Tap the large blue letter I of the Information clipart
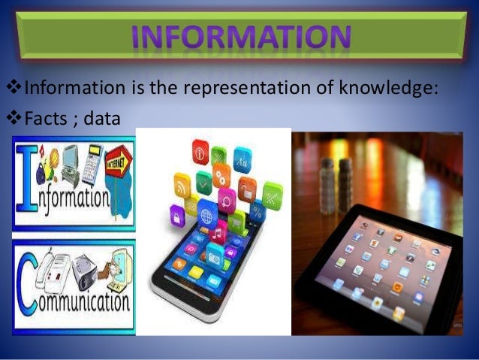click(25, 180)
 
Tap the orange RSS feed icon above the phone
click(182, 183)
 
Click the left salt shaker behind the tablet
click(327, 181)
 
